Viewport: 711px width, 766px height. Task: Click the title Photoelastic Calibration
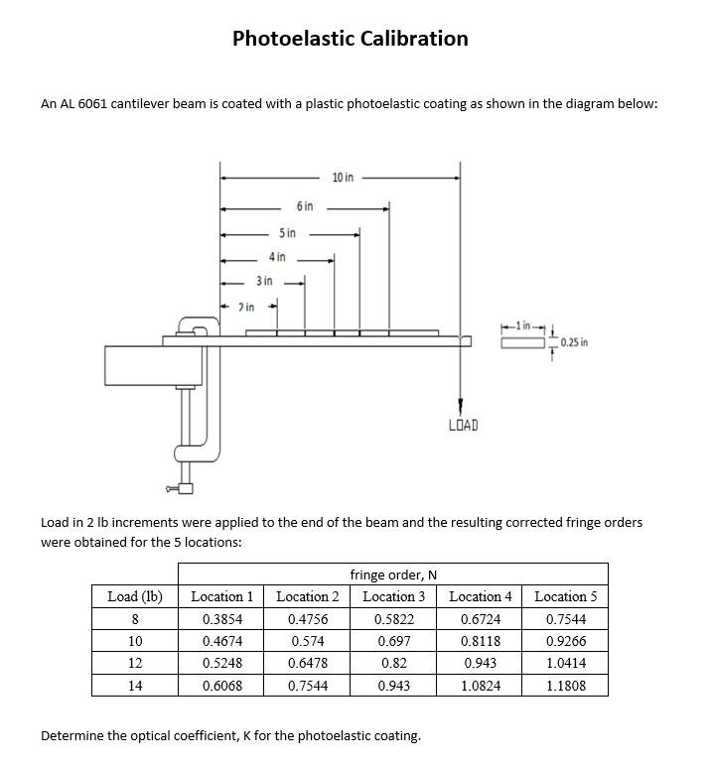click(x=350, y=39)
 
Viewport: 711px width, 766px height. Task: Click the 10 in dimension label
click(x=343, y=178)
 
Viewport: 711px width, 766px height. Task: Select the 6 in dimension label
click(x=304, y=206)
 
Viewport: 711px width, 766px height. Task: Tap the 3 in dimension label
click(x=264, y=281)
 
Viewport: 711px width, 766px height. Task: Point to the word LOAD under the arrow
click(x=463, y=426)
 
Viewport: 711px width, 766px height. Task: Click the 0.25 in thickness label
click(x=574, y=343)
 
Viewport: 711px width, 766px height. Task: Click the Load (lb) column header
click(x=134, y=596)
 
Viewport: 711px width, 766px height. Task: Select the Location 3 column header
click(x=393, y=596)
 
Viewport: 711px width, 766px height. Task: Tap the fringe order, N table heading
click(x=393, y=574)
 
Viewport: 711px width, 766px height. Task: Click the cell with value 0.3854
click(x=221, y=619)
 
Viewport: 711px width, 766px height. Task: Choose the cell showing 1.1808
click(x=565, y=686)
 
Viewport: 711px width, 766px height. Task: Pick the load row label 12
click(x=135, y=663)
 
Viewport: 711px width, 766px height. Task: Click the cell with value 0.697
click(x=393, y=641)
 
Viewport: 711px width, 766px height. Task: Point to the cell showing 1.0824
click(x=480, y=686)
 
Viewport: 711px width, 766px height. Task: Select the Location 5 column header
click(x=565, y=596)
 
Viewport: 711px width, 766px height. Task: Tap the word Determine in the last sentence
click(x=72, y=736)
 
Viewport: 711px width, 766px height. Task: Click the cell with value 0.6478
click(x=307, y=663)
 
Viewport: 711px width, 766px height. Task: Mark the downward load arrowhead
click(x=460, y=407)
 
